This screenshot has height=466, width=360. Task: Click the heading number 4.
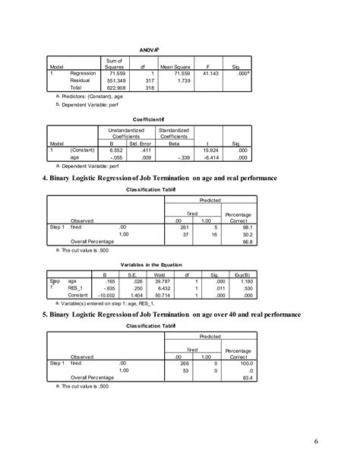[46, 178]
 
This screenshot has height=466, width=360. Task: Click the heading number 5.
[46, 312]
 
